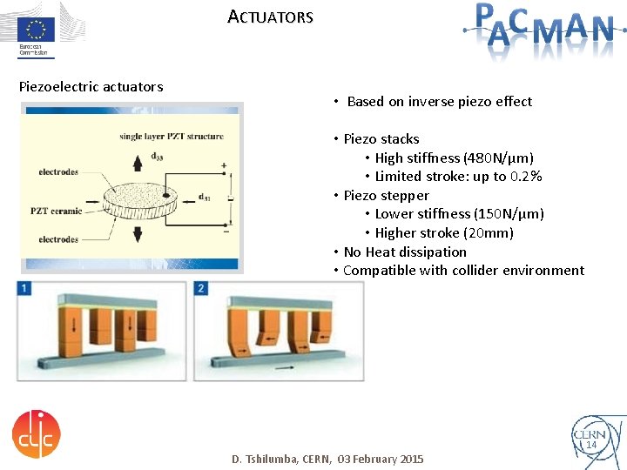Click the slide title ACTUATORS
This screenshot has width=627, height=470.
270,17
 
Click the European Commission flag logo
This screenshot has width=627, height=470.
37,26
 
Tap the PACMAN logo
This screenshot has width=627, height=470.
538,28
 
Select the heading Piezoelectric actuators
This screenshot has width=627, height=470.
91,86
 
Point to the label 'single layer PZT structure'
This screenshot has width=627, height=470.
172,136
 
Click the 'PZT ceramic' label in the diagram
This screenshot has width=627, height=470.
57,211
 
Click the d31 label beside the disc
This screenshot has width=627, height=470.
206,197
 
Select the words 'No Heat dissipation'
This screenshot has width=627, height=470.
405,252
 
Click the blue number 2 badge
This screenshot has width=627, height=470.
202,288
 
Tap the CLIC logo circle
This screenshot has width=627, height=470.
37,434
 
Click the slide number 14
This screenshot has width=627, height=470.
590,445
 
